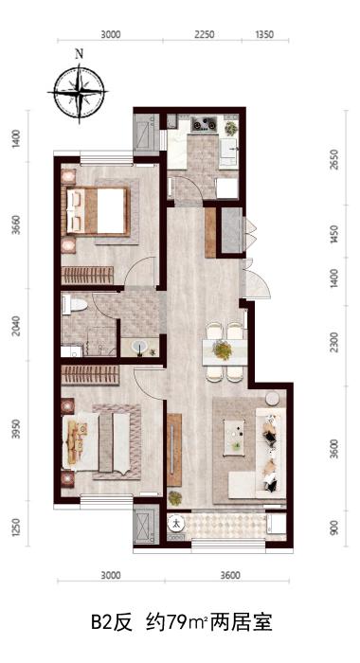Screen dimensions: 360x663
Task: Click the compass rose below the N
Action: pos(80,92)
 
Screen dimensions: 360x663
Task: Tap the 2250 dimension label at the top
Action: pos(205,35)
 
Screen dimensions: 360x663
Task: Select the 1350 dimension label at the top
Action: pos(264,35)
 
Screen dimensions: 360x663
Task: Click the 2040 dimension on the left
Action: pos(16,326)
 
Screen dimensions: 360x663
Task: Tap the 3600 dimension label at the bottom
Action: pos(230,576)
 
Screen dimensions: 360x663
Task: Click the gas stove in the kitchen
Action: pos(204,124)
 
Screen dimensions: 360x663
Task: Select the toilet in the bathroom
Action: pos(75,304)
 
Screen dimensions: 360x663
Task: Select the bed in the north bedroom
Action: pos(98,210)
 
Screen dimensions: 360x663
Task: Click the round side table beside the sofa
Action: pos(272,399)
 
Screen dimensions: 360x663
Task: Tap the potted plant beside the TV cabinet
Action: pos(174,497)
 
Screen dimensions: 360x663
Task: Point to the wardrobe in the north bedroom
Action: pos(87,276)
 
